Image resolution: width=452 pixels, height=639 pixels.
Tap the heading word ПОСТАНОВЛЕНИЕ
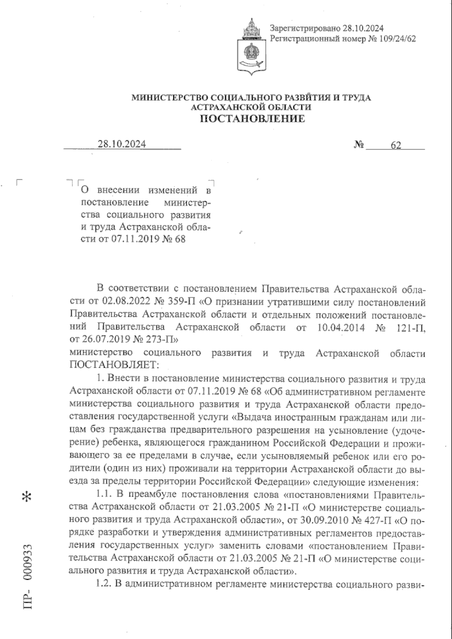(252, 119)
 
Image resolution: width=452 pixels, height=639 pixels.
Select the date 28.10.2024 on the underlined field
(122, 144)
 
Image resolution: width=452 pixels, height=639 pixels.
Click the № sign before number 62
(359, 145)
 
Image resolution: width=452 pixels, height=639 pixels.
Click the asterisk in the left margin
(27, 497)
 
